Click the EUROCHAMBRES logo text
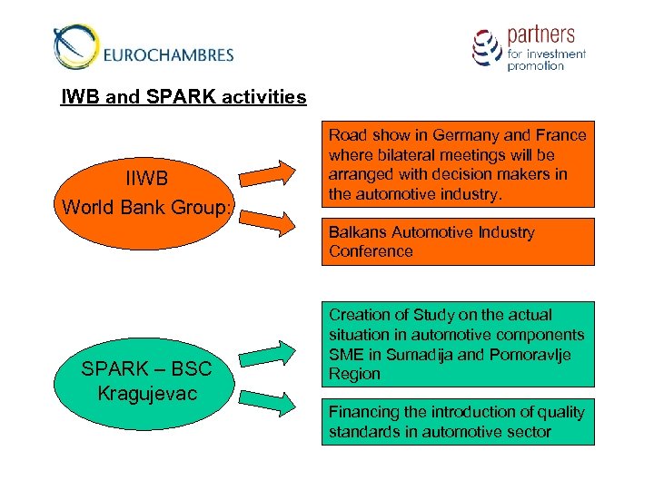click(169, 54)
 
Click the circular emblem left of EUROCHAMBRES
click(75, 47)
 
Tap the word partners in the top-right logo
click(540, 34)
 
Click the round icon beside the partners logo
click(487, 47)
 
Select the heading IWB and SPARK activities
click(183, 96)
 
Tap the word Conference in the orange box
click(371, 251)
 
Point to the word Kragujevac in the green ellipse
click(146, 394)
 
